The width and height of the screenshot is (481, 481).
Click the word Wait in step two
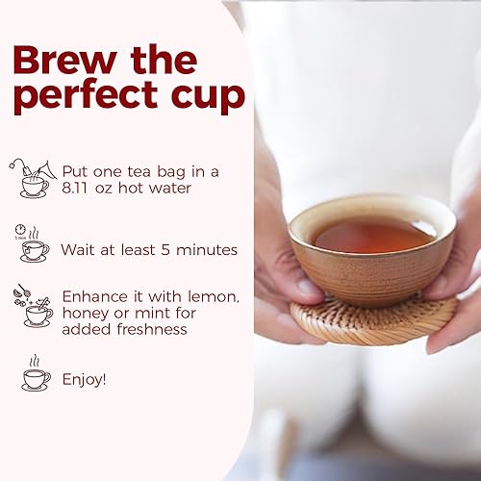click(x=79, y=250)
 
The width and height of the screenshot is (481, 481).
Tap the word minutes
click(x=204, y=250)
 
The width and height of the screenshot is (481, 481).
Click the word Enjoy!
click(x=84, y=379)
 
